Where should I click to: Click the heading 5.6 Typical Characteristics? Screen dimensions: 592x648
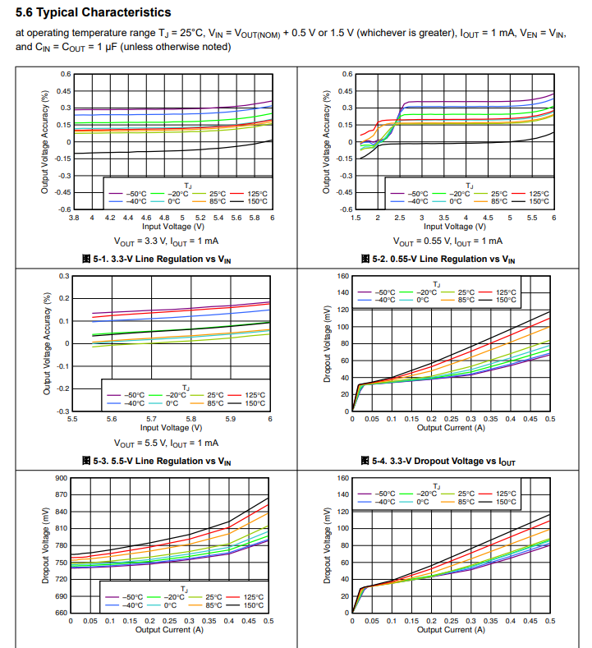94,12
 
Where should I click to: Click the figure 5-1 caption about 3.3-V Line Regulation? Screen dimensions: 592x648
157,259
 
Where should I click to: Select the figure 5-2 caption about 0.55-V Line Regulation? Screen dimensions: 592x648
438,259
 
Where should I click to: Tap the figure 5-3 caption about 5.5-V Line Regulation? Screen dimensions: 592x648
157,462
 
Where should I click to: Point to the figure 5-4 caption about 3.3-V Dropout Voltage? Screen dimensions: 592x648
438,462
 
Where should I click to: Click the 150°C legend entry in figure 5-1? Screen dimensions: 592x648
249,201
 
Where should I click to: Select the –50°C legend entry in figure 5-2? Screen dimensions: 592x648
410,194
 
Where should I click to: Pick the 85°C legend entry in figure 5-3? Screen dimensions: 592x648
207,403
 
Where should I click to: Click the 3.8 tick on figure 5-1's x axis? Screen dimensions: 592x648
74,218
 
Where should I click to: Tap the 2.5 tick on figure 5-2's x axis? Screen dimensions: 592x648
400,218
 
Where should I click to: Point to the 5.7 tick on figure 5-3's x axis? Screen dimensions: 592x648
151,419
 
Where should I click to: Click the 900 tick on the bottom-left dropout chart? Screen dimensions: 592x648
61,478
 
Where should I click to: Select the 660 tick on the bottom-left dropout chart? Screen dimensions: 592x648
61,613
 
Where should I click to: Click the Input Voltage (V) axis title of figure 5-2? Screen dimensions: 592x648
454,227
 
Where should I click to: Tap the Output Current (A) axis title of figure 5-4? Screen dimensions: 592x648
451,428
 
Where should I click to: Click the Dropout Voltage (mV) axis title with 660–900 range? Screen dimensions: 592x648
45,545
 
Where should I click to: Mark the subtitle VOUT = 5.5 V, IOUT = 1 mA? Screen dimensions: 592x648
166,443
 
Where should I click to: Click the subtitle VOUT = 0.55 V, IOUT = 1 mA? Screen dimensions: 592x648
447,241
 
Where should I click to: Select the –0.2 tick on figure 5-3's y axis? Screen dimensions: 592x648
62,389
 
